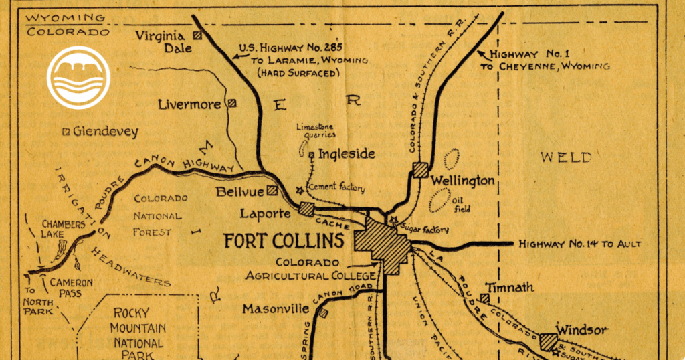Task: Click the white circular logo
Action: click(78, 78)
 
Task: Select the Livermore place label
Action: click(190, 104)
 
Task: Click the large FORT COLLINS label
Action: click(284, 240)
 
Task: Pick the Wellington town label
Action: click(462, 181)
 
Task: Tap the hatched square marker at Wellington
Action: click(420, 169)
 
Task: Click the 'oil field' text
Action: click(462, 204)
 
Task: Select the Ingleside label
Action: click(346, 154)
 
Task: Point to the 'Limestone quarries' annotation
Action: click(316, 130)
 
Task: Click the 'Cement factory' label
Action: click(335, 188)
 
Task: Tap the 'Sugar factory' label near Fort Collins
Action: click(423, 229)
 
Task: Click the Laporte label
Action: click(266, 214)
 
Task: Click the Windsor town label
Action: click(582, 329)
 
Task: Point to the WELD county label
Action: click(566, 157)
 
